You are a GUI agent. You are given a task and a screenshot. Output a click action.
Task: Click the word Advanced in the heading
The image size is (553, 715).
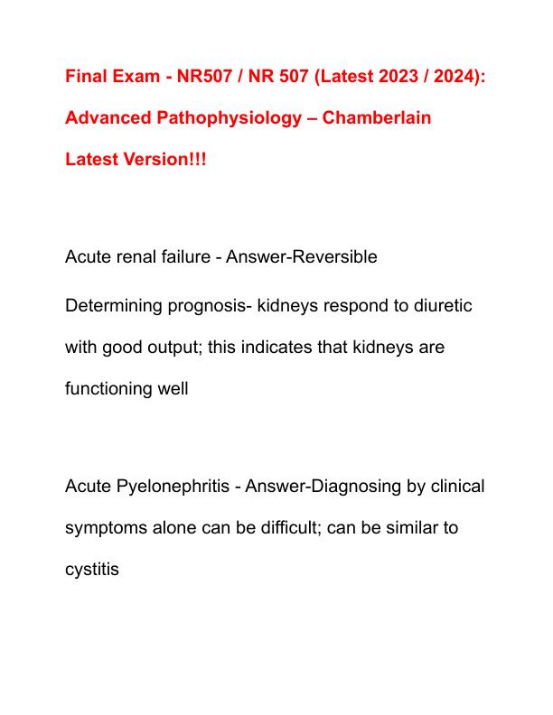pos(105,118)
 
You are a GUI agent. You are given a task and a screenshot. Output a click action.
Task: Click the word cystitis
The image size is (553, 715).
pos(92,570)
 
